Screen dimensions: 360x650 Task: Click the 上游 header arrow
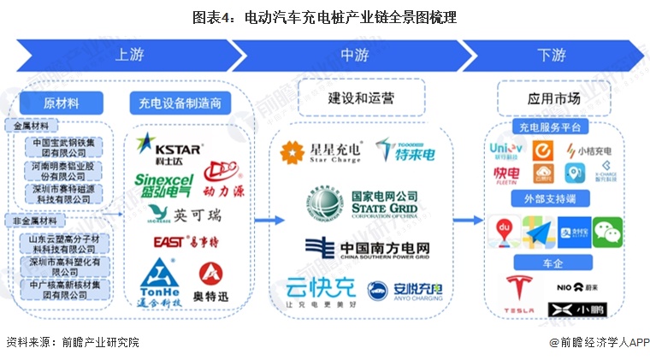(x=128, y=55)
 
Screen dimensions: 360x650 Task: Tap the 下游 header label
(x=552, y=55)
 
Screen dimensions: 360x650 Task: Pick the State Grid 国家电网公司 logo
(x=359, y=204)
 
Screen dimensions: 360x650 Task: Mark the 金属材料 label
(x=31, y=125)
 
